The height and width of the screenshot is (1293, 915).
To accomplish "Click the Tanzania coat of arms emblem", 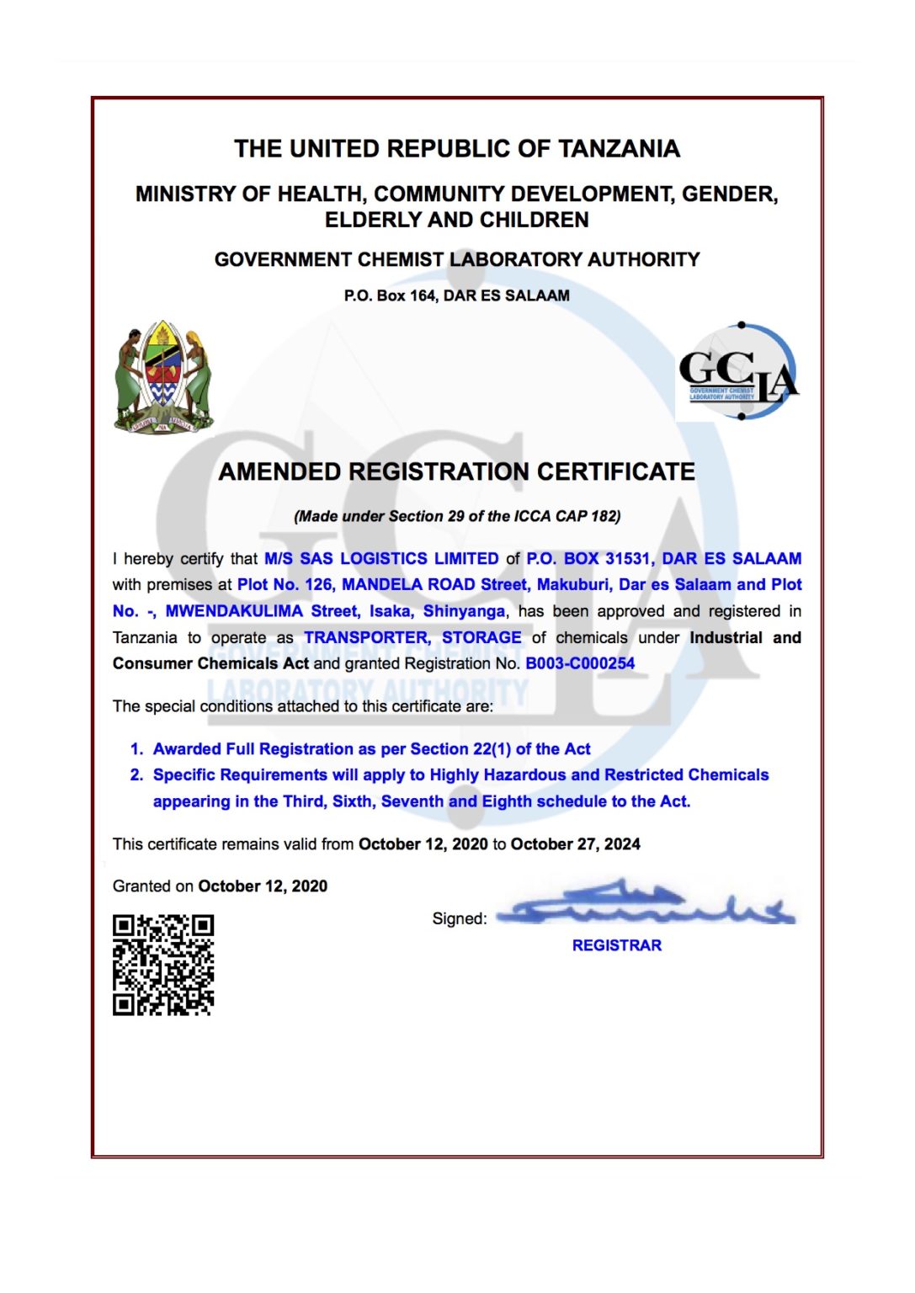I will click(163, 377).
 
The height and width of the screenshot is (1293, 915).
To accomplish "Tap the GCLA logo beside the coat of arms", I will click(738, 373).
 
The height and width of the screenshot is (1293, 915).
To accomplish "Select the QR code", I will click(163, 965).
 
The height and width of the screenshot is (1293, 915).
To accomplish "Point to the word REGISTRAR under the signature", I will click(616, 945).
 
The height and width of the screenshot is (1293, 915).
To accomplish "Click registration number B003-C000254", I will click(580, 663).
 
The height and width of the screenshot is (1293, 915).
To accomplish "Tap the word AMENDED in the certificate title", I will click(281, 471).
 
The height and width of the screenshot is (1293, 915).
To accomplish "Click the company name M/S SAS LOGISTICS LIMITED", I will click(381, 558).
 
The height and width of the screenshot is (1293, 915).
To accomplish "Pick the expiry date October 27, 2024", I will click(575, 843).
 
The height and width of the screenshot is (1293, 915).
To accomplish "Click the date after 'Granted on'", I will click(263, 886).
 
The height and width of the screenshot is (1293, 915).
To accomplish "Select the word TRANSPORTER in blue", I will click(367, 637).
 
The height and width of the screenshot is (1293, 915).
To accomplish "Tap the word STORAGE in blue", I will click(481, 637).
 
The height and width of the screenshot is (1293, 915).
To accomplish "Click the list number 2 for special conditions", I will click(136, 774).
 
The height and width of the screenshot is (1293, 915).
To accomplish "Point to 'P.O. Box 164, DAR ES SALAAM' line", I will click(456, 295).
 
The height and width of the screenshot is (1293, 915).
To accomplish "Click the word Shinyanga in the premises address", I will click(464, 611).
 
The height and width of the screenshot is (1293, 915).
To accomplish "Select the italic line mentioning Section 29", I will click(457, 516).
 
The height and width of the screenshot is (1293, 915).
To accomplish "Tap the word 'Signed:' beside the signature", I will click(460, 918).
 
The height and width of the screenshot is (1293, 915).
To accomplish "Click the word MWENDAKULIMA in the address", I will click(234, 611).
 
